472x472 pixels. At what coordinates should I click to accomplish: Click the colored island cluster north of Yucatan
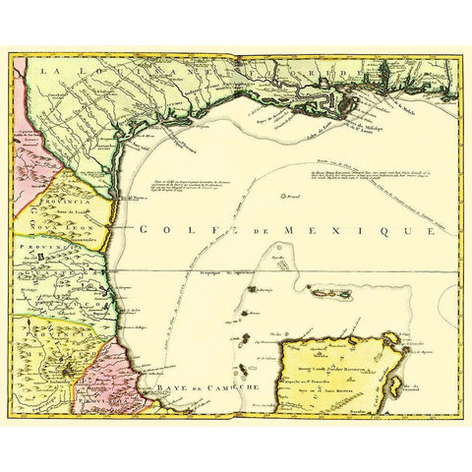[324, 293]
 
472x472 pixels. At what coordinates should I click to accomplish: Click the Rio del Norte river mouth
[119, 198]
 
